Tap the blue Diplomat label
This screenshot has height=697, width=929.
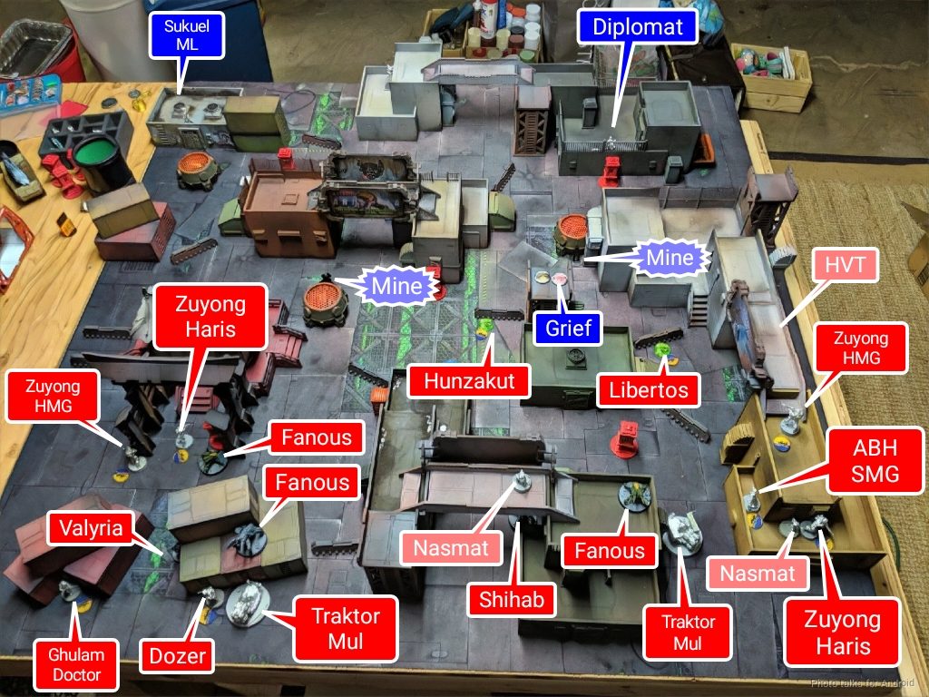tap(637, 26)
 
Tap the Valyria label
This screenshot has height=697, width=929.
tap(93, 528)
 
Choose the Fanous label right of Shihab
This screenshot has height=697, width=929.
tap(609, 550)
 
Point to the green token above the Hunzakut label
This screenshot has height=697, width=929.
tap(485, 325)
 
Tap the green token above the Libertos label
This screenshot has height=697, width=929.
tap(663, 348)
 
